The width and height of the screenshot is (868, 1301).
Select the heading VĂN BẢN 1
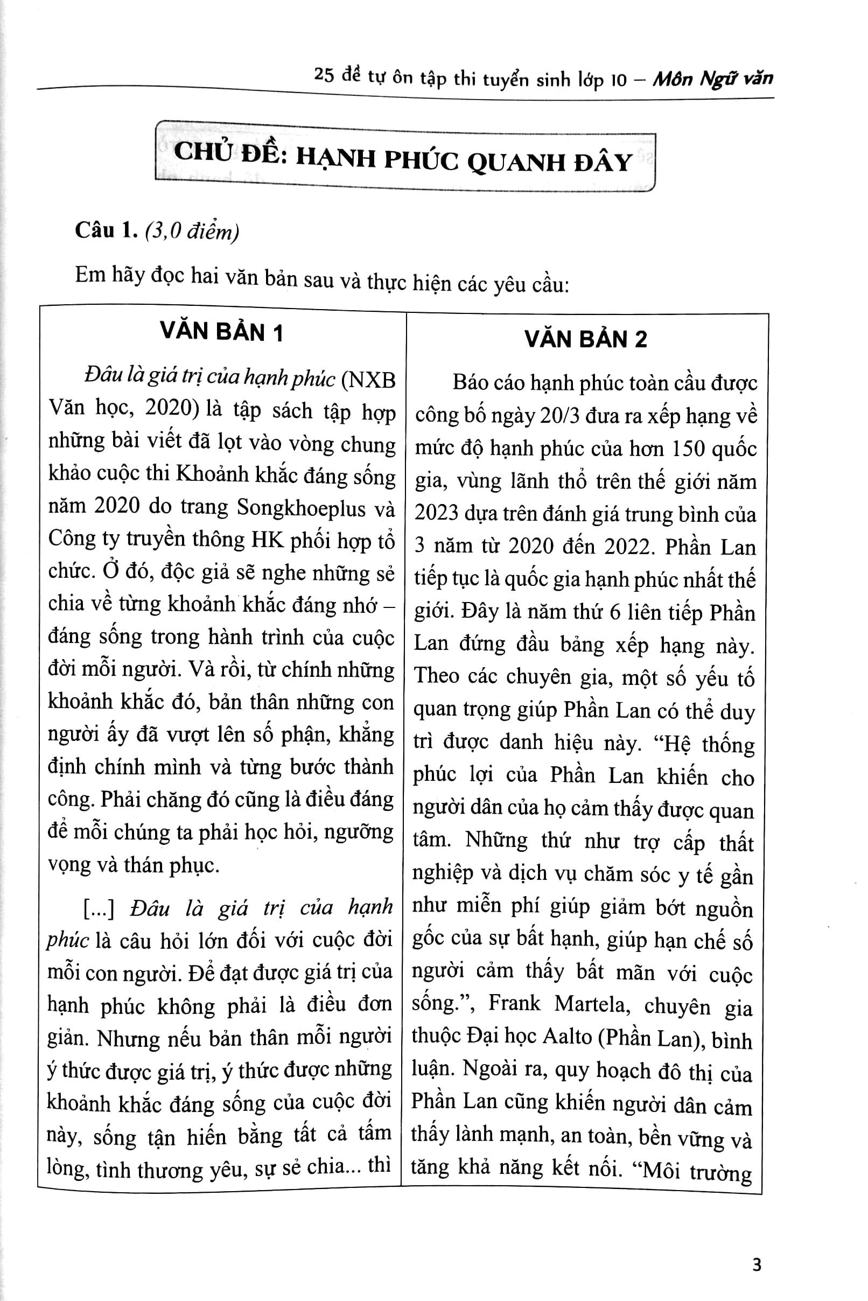(221, 332)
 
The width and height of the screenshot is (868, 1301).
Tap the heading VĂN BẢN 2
(586, 339)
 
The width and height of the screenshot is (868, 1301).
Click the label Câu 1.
(106, 230)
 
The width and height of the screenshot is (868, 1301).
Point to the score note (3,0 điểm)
(192, 232)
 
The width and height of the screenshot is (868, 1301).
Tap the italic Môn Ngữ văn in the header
(712, 79)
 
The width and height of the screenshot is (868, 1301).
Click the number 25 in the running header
(324, 74)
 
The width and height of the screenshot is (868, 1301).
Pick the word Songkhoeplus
(303, 508)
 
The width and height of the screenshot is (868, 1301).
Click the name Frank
(514, 1003)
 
